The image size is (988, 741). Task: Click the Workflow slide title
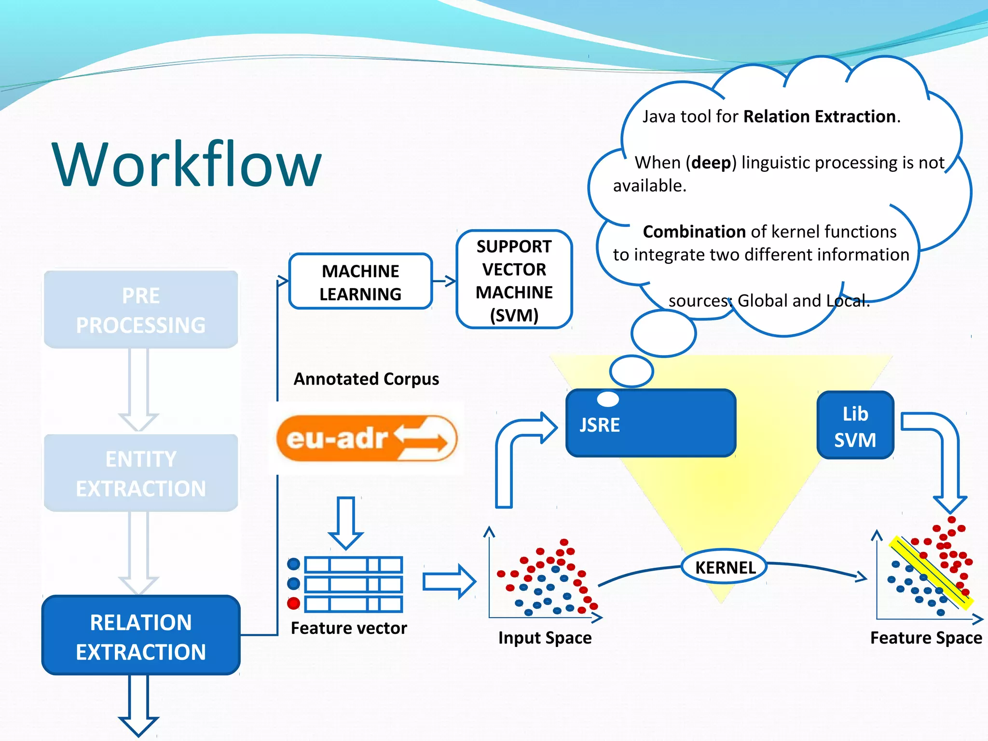tap(187, 164)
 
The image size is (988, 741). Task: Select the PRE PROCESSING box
tap(140, 309)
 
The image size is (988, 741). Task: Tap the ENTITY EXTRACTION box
tap(140, 473)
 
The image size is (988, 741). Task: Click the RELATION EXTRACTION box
tap(140, 636)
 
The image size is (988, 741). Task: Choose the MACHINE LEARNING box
tap(360, 282)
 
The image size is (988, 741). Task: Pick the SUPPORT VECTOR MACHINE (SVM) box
tap(514, 280)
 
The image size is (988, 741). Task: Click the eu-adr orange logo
tap(367, 438)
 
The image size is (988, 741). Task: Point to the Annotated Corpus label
tap(366, 379)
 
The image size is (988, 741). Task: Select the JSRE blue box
tap(650, 424)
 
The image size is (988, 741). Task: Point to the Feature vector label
tap(348, 628)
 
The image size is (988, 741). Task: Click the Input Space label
tap(545, 638)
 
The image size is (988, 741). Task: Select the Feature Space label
tap(926, 638)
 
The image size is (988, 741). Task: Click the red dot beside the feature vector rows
tap(293, 604)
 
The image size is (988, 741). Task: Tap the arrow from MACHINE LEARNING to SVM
tap(444, 281)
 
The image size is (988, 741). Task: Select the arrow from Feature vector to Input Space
tap(449, 581)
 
